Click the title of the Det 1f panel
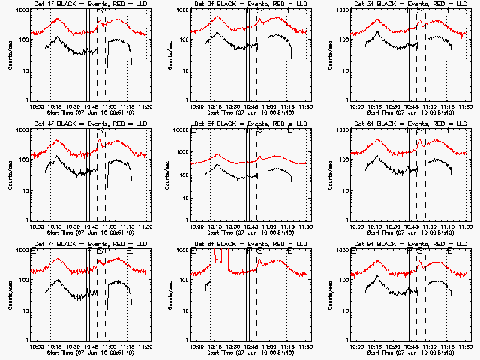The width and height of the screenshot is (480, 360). pyautogui.click(x=90, y=4)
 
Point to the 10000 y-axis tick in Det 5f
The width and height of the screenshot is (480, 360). pyautogui.click(x=181, y=130)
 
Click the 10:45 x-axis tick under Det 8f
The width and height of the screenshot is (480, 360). pyautogui.click(x=250, y=346)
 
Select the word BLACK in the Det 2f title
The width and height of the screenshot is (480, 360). pyautogui.click(x=229, y=4)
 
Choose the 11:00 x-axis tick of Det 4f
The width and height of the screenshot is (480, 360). pyautogui.click(x=109, y=226)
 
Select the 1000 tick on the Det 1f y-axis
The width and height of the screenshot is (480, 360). pyautogui.click(x=21, y=10)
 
